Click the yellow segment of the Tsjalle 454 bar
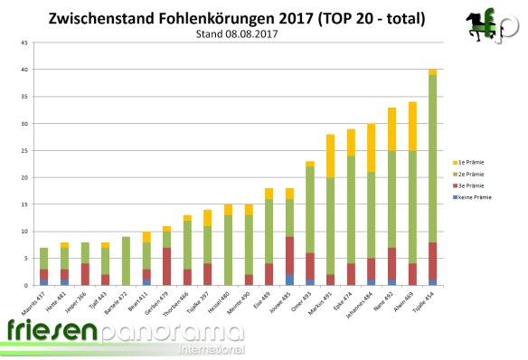(x=432, y=72)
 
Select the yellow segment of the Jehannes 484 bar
(x=372, y=147)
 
